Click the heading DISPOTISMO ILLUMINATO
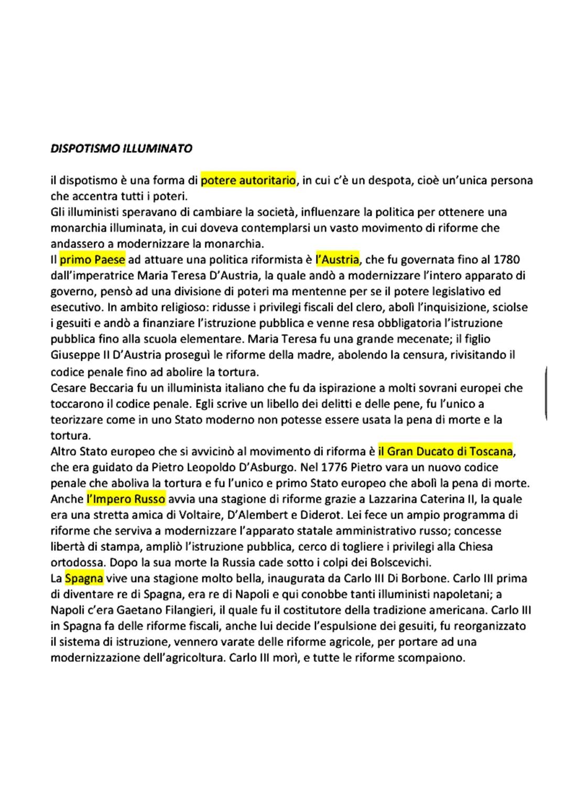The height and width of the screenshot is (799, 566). click(121, 149)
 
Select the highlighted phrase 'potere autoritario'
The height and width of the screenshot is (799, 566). click(248, 181)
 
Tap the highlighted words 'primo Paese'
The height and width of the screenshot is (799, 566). click(92, 260)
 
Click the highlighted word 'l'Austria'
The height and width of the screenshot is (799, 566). click(338, 260)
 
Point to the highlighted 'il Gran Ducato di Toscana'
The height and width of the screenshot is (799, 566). click(445, 451)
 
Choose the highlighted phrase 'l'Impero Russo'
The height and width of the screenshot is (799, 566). click(126, 499)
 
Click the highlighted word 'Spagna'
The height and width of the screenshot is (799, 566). click(84, 579)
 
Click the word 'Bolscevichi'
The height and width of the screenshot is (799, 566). click(400, 563)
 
